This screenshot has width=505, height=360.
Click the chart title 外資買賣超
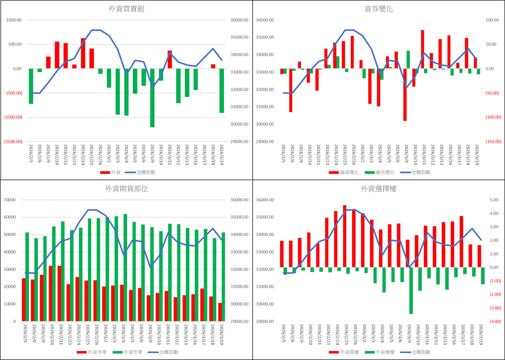point(127,9)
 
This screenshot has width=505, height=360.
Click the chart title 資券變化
point(378,9)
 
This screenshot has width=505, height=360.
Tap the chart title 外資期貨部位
point(127,189)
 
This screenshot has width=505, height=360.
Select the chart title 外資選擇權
point(378,189)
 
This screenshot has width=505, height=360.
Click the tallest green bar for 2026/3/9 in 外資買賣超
point(152,97)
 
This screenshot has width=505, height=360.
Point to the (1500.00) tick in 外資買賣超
point(14,142)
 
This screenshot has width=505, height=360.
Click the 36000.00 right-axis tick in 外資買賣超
point(238,20)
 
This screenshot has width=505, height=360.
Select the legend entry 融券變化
point(381,172)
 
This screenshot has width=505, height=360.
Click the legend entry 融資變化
point(345,172)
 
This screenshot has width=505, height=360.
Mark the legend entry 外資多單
point(92,352)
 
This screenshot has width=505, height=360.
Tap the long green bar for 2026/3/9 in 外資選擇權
point(411,290)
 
